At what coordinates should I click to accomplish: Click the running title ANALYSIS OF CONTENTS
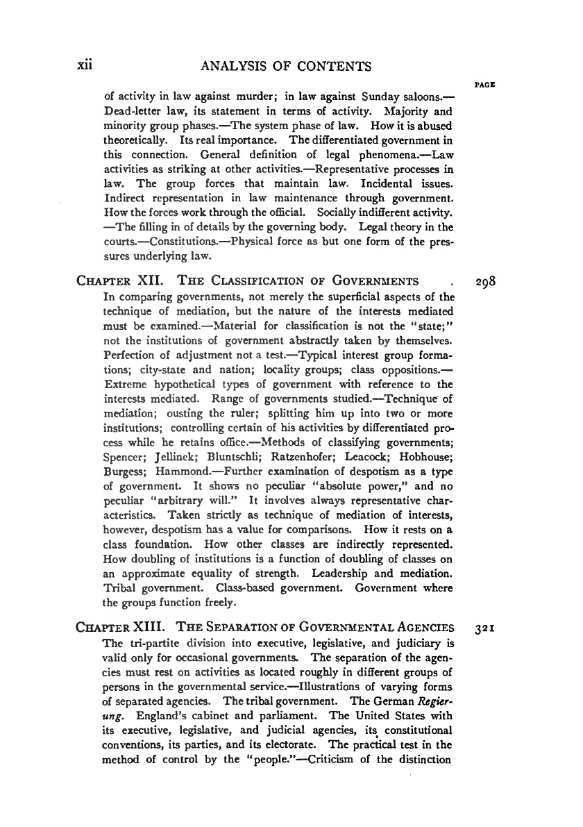pos(286,67)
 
